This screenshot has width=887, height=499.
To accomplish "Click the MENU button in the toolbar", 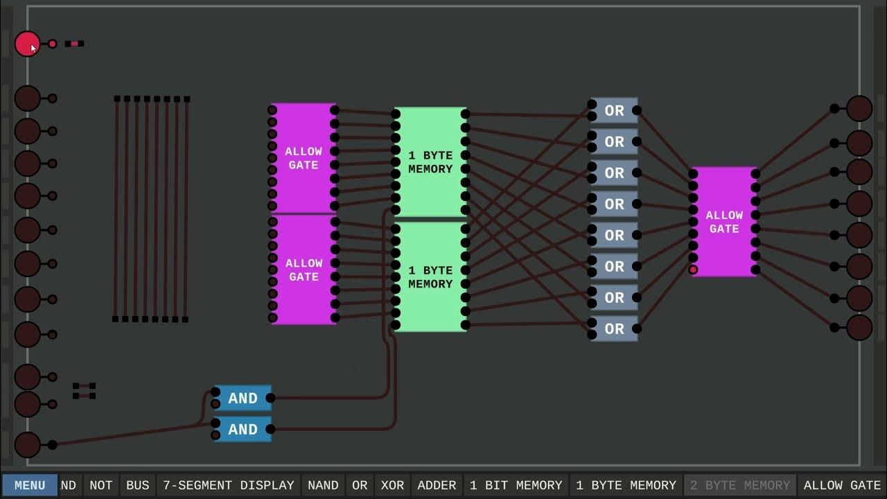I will (30, 485).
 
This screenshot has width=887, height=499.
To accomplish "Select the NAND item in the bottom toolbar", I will (323, 485).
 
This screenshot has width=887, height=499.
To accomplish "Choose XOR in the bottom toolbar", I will (392, 485).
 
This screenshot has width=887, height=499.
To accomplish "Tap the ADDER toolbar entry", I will (437, 485).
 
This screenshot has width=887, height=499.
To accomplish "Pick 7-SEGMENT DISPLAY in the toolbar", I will (229, 485).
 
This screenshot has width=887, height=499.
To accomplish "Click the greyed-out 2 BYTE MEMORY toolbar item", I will (741, 485).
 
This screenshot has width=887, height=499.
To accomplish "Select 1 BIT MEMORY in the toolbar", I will (516, 485).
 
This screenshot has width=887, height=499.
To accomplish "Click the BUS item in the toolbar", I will (137, 485).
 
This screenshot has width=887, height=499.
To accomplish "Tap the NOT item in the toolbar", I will (100, 485).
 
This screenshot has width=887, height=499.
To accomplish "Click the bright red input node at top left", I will (27, 44).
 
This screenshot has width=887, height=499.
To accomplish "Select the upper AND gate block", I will (243, 399).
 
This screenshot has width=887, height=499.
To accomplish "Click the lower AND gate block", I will (243, 430).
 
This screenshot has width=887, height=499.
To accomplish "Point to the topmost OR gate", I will (614, 111).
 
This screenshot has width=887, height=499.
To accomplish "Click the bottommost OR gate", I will (614, 329).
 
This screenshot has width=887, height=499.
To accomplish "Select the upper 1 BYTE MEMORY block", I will (430, 162).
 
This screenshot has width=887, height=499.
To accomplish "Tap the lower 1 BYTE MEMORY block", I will (430, 277).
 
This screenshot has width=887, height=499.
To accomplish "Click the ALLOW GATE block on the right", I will (724, 222).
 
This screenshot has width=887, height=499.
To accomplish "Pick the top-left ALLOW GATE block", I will (304, 158).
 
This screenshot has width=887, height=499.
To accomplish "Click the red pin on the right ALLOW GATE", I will (693, 270).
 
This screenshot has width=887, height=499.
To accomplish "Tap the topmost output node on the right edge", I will (859, 109).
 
